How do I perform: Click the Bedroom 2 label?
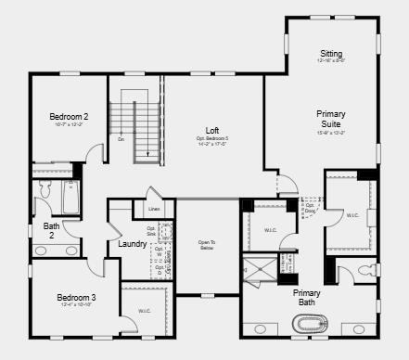pyautogui.click(x=69, y=116)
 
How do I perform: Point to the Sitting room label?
pyautogui.click(x=331, y=53)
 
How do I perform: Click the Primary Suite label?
pyautogui.click(x=330, y=119)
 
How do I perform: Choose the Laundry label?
pyautogui.click(x=132, y=244)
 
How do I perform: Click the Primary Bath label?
pyautogui.click(x=307, y=298)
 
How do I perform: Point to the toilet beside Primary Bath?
pyautogui.click(x=371, y=271)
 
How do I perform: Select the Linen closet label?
pyautogui.click(x=154, y=210)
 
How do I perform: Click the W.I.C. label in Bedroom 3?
pyautogui.click(x=144, y=311)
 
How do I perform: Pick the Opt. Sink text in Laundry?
pyautogui.click(x=151, y=232)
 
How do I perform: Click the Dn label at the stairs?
pyautogui.click(x=121, y=139)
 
